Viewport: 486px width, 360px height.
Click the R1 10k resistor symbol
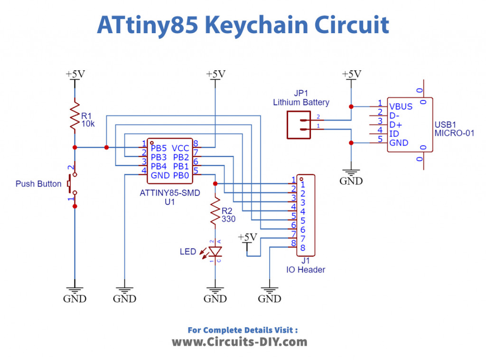click(74, 115)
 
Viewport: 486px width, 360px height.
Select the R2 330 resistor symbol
click(215, 212)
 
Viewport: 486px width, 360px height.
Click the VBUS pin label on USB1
click(401, 106)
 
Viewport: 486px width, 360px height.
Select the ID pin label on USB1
click(394, 134)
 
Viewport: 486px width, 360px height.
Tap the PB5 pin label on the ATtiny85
click(159, 148)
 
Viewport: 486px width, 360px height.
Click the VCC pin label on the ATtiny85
click(181, 148)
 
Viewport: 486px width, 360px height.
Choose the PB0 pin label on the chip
click(181, 175)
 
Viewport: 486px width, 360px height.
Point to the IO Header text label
click(306, 269)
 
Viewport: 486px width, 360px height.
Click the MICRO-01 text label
click(454, 133)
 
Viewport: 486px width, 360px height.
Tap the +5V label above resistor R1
click(75, 74)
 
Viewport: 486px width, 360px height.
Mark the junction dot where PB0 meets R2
click(215, 184)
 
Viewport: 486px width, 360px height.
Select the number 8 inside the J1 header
click(303, 247)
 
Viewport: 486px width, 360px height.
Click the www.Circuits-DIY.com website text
click(239, 342)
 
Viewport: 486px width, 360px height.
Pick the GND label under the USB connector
click(351, 181)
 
